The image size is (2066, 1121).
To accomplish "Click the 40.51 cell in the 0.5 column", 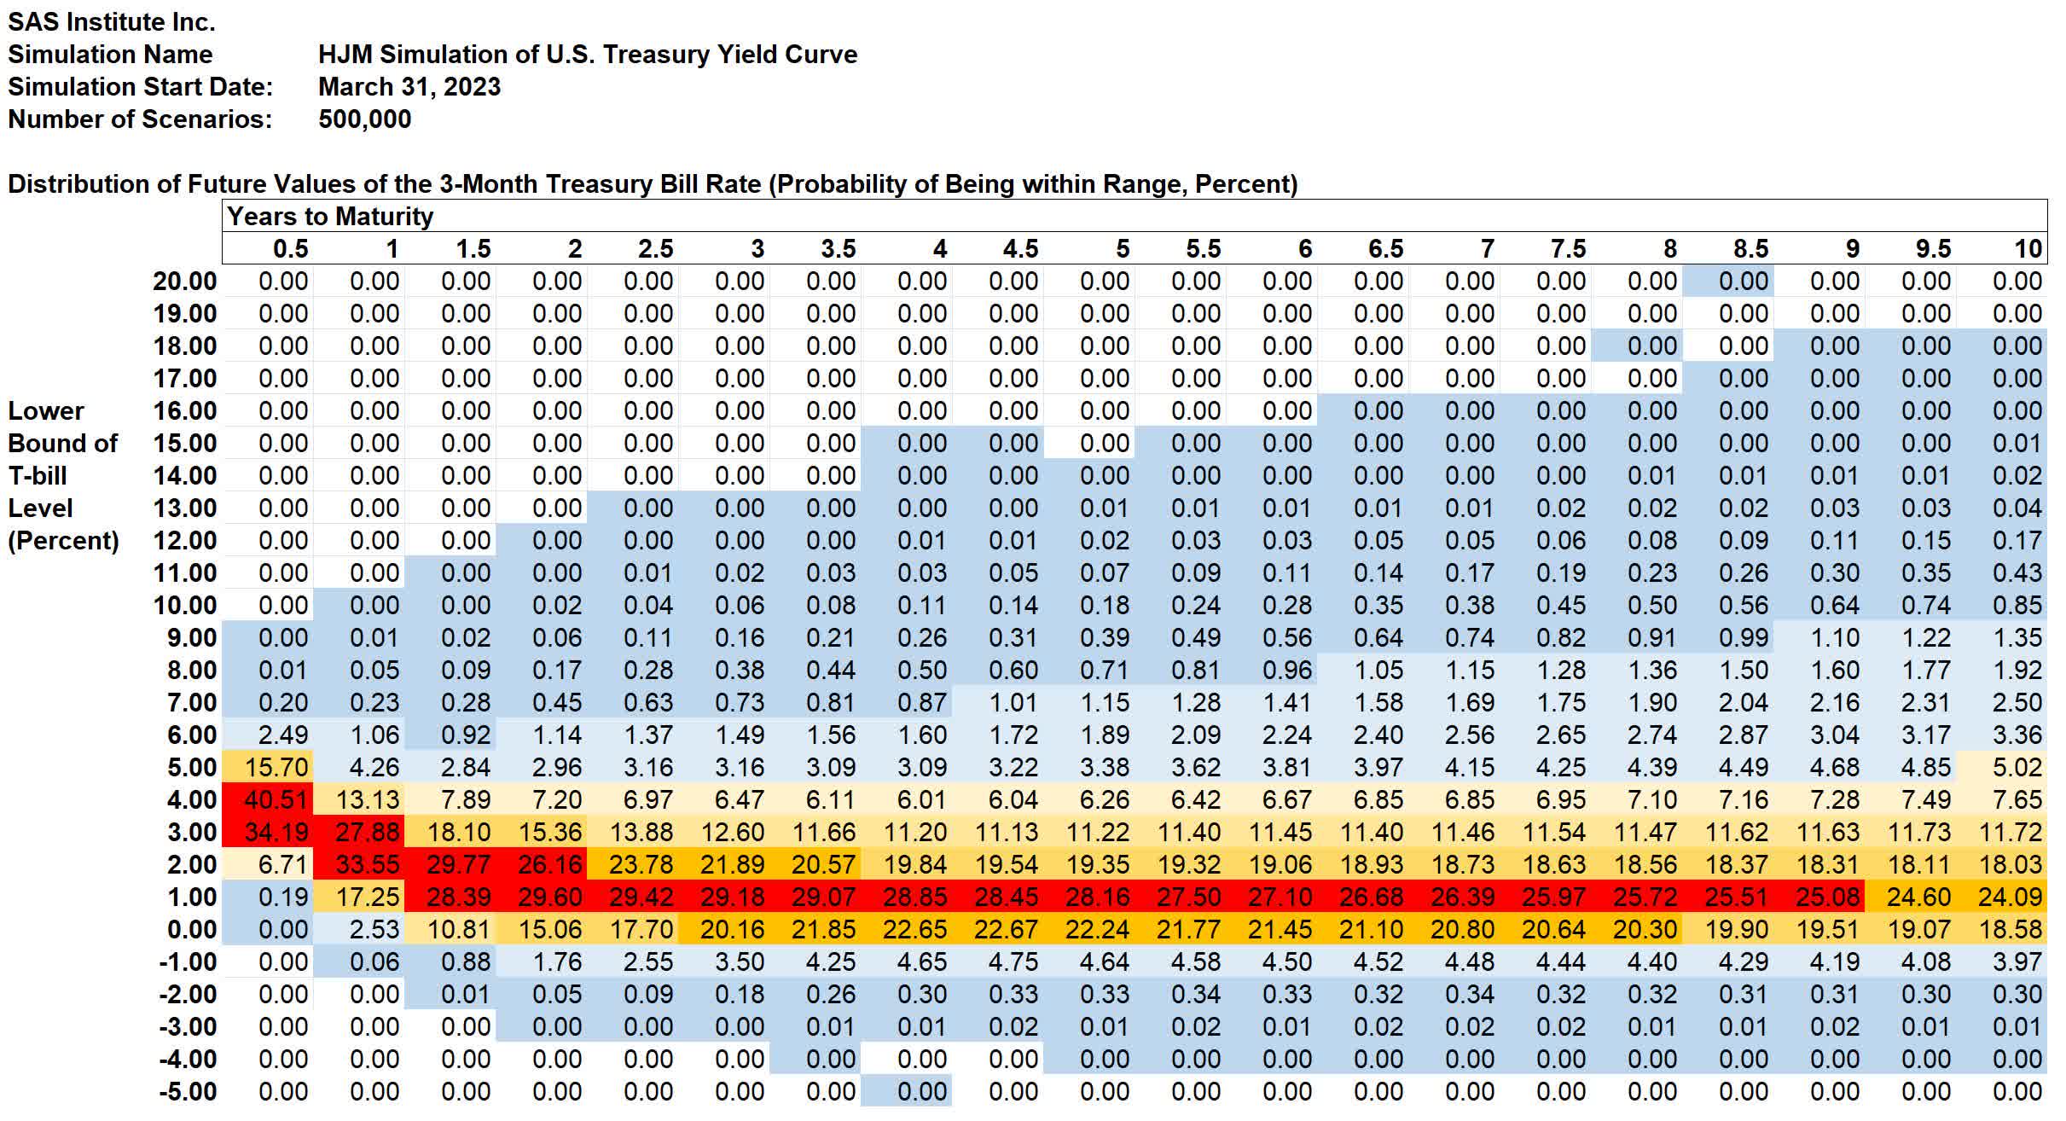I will (x=276, y=800).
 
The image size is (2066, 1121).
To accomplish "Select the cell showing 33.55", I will (x=367, y=865).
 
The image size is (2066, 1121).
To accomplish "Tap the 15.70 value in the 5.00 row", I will (x=276, y=768).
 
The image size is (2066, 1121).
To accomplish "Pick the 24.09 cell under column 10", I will (x=2010, y=897).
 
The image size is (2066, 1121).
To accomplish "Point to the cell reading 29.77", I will (x=458, y=865).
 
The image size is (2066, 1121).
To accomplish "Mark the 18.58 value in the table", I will (x=2010, y=930).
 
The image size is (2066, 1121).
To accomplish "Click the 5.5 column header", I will (x=1203, y=249).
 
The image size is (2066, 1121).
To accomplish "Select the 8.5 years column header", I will (x=1750, y=249).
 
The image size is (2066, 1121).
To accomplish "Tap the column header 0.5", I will (x=290, y=249).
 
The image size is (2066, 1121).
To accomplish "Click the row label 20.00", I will (x=184, y=282).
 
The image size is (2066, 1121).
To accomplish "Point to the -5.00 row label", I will (x=188, y=1092).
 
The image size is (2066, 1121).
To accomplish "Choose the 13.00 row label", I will (x=184, y=508).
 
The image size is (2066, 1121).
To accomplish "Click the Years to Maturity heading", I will (x=330, y=217).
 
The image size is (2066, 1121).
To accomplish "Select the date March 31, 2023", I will (x=409, y=87).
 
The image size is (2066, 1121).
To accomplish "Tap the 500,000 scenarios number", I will (x=364, y=119).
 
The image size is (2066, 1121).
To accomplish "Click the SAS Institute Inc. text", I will (x=111, y=22).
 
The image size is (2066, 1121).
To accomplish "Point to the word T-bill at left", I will (x=38, y=476).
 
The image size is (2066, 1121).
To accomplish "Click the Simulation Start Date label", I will (x=140, y=87).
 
